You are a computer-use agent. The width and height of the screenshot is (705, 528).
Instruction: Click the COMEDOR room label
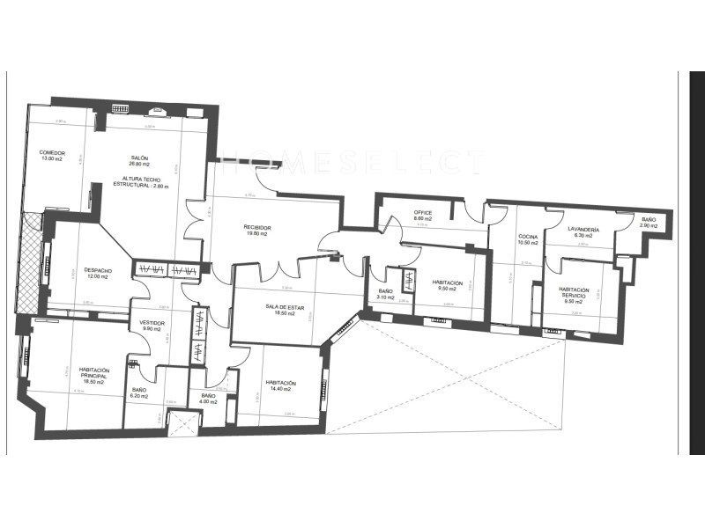[52, 156]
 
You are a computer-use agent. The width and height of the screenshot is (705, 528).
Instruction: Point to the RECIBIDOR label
[257, 231]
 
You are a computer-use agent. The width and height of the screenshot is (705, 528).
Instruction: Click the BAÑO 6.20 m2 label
[139, 392]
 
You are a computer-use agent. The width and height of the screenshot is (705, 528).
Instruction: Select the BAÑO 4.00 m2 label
[208, 399]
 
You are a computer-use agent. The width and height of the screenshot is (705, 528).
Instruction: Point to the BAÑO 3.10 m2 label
[385, 295]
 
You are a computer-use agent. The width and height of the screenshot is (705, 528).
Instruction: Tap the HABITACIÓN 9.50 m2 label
[448, 285]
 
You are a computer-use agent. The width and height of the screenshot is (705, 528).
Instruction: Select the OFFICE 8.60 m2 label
[423, 216]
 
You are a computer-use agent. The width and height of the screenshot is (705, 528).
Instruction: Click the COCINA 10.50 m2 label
[528, 240]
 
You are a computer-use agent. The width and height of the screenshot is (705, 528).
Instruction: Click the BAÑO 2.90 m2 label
[649, 222]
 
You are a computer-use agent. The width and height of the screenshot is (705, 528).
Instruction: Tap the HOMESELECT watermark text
[352, 163]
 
